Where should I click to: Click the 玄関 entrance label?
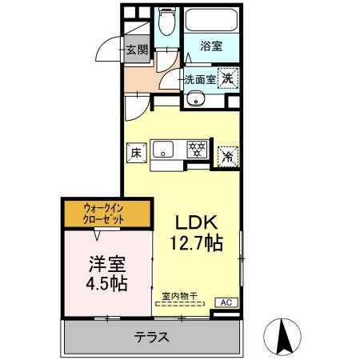pyautogui.click(x=137, y=50)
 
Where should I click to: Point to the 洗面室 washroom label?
pyautogui.click(x=199, y=79)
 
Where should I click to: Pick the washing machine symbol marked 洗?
pyautogui.click(x=228, y=78)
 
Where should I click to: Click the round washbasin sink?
pyautogui.click(x=197, y=101)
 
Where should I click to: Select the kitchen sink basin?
pyautogui.click(x=163, y=148)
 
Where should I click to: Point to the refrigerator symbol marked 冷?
pyautogui.click(x=228, y=154)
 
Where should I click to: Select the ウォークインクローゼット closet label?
pyautogui.click(x=107, y=214)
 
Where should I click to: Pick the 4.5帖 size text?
pyautogui.click(x=106, y=283)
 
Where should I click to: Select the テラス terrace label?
pyautogui.click(x=152, y=337)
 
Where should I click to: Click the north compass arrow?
pyautogui.click(x=282, y=335)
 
